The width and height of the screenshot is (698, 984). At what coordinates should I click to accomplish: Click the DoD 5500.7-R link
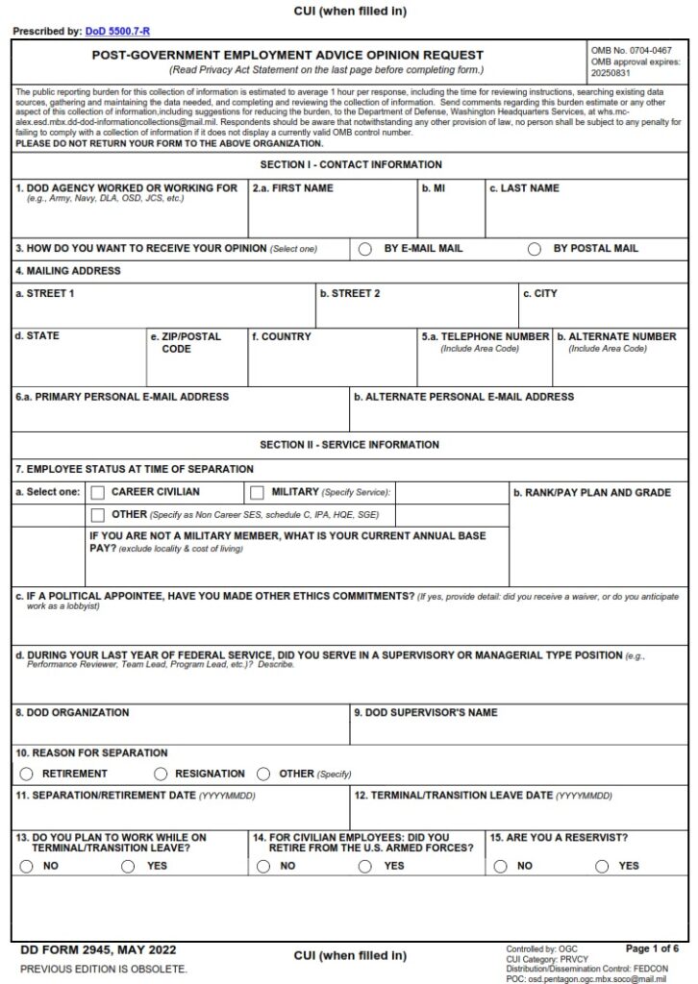tap(117, 32)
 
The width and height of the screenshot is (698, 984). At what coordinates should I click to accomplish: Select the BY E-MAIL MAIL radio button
tap(365, 249)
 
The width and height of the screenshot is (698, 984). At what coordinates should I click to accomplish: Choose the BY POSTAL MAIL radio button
tap(535, 249)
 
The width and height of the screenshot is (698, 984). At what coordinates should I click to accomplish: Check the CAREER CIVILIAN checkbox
tap(98, 493)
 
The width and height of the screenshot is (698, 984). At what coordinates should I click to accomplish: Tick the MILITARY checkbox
tap(257, 493)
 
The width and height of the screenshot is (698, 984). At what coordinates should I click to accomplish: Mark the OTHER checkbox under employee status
tap(98, 515)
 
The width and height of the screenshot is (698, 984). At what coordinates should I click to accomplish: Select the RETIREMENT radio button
tap(27, 774)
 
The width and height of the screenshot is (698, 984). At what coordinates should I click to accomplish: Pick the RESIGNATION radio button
tap(160, 774)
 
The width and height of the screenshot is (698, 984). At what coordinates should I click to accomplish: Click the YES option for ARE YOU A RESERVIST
tap(602, 866)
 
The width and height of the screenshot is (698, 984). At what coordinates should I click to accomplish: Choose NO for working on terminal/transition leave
tap(27, 866)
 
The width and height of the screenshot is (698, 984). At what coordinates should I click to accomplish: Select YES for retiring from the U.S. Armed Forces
tap(365, 866)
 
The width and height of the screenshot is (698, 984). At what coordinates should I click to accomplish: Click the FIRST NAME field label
tap(293, 188)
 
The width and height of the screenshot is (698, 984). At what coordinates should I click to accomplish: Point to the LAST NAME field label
tap(524, 188)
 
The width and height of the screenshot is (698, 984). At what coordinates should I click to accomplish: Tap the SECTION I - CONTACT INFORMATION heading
tap(350, 165)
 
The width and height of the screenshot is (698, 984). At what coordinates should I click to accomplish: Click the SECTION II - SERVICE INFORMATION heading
tap(350, 445)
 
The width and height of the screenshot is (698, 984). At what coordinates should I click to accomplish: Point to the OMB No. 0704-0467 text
tap(636, 48)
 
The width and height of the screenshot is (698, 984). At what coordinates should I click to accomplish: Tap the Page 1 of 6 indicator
tap(652, 948)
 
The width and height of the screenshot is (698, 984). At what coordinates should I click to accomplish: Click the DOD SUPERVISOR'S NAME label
tap(426, 713)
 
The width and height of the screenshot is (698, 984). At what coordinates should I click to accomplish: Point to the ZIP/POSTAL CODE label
tap(185, 342)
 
